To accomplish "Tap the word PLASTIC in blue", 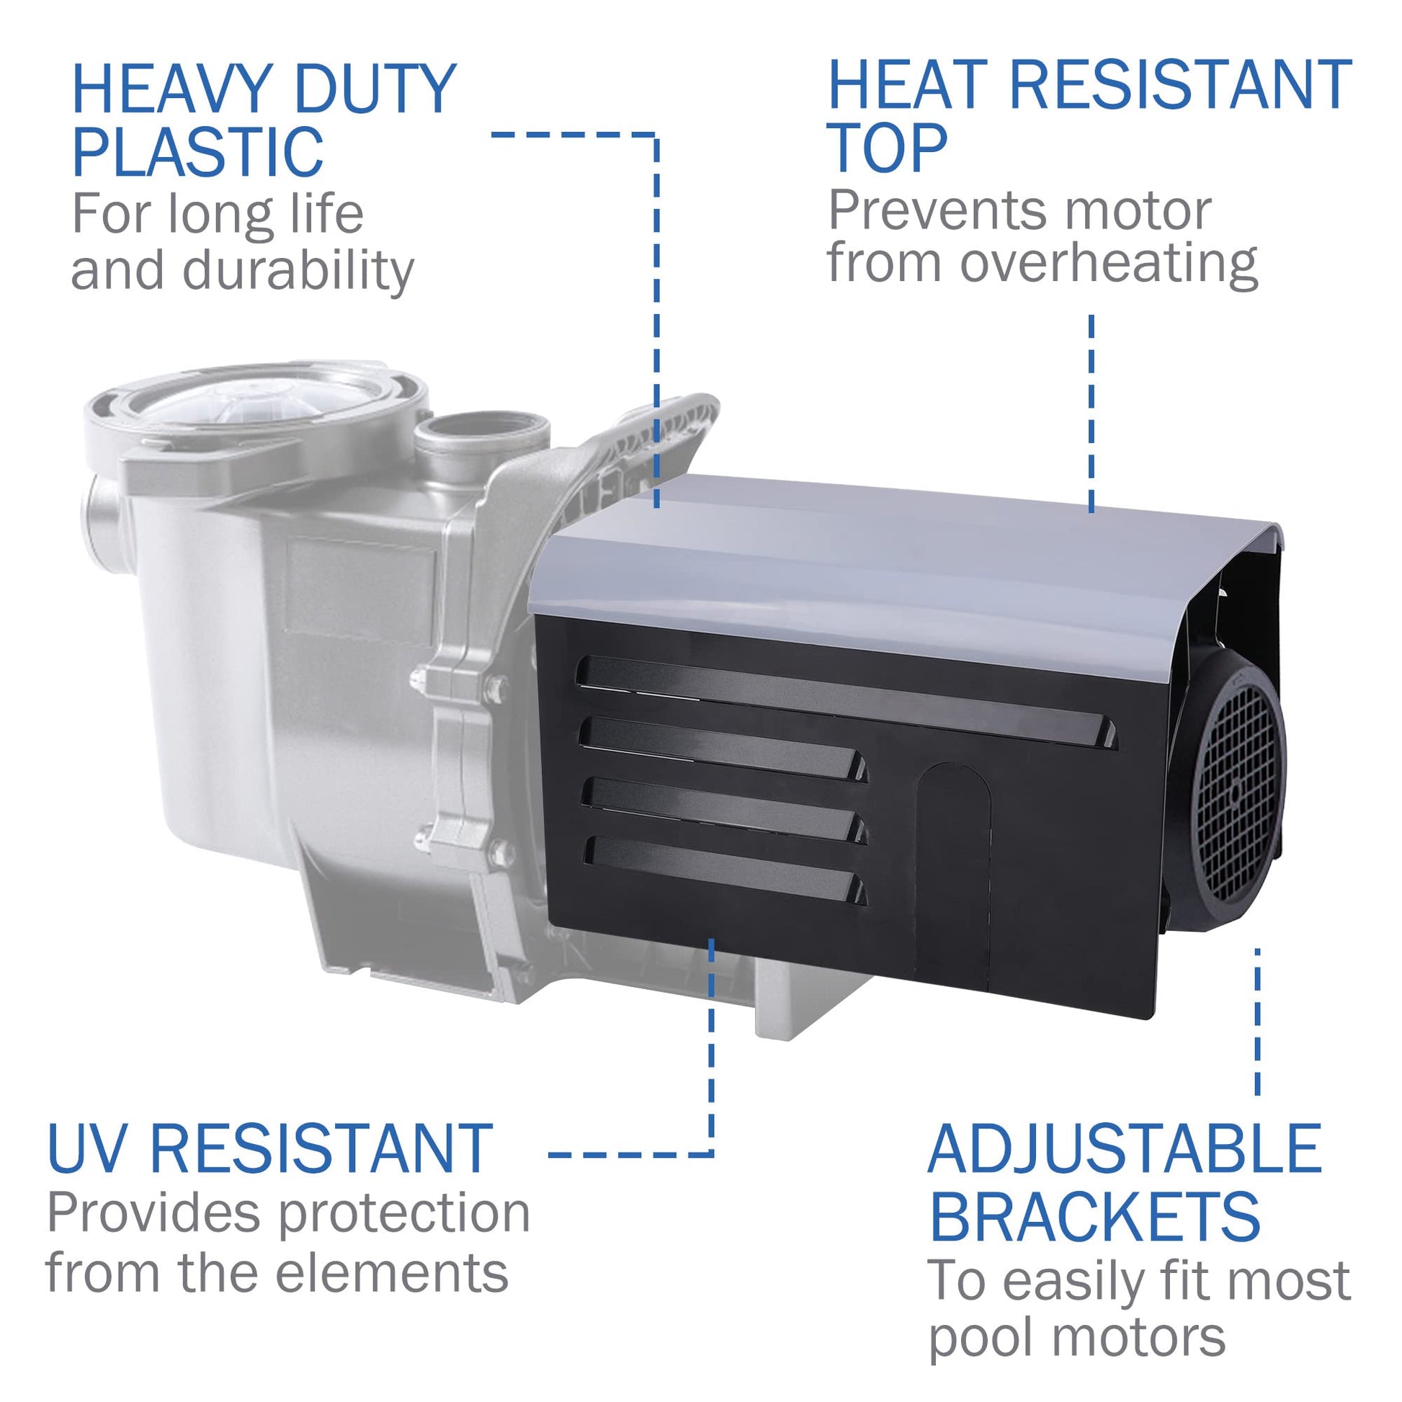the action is (x=197, y=152).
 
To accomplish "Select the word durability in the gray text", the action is (x=298, y=271).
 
